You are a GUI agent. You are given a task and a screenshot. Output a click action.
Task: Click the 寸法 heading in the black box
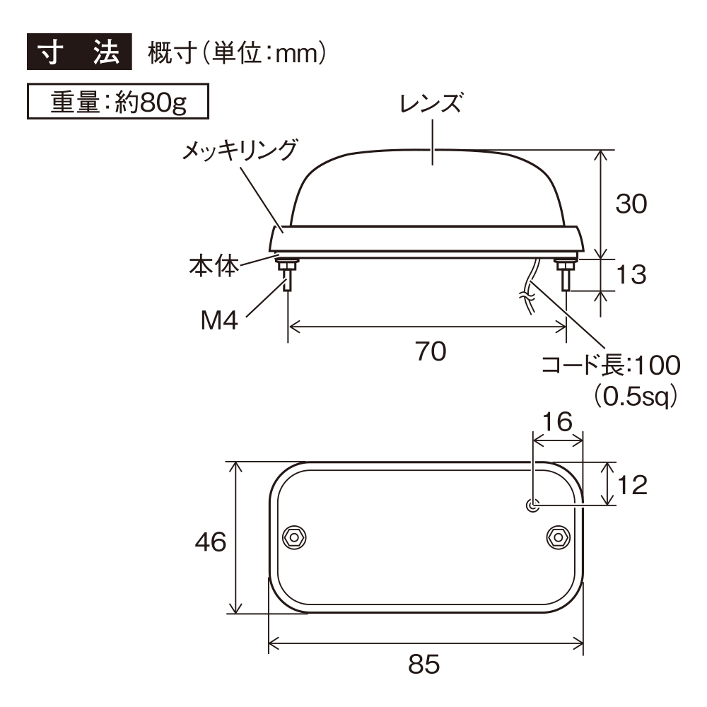pyautogui.click(x=79, y=53)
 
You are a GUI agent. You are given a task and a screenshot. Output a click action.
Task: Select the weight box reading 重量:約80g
pyautogui.click(x=118, y=103)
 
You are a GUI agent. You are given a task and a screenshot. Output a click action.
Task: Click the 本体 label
pyautogui.click(x=214, y=267)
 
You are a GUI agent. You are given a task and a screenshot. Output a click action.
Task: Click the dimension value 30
pyautogui.click(x=631, y=204)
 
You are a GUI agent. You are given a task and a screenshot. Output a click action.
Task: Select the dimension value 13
pyautogui.click(x=631, y=275)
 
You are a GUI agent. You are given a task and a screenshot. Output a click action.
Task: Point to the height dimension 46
pyautogui.click(x=210, y=542)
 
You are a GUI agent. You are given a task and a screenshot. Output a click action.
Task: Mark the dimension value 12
pyautogui.click(x=632, y=485)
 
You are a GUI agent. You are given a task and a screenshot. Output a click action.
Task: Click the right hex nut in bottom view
pyautogui.click(x=558, y=538)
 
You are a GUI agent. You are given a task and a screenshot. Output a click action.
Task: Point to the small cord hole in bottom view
pyautogui.click(x=533, y=505)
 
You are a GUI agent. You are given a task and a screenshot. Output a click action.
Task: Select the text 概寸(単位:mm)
pyautogui.click(x=237, y=53)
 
